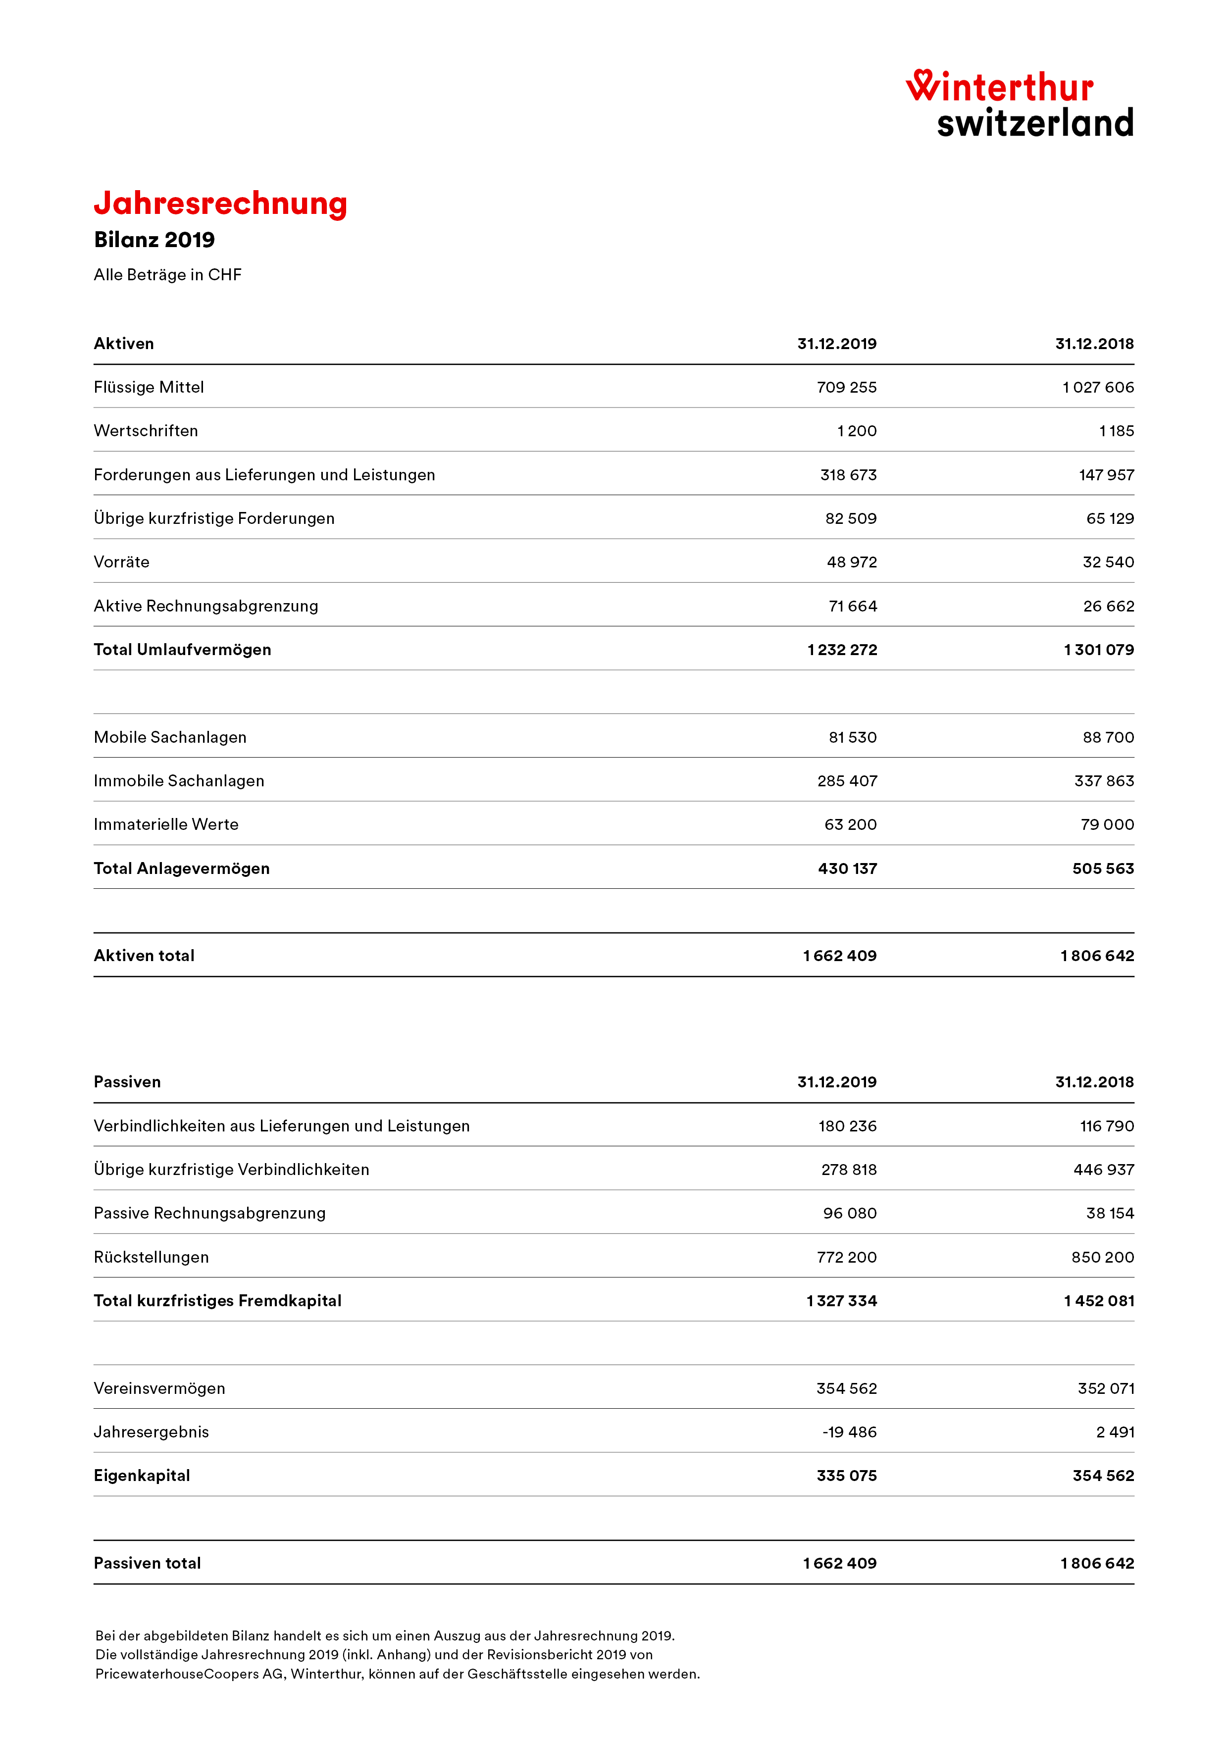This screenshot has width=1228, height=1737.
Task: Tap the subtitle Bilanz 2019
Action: (154, 240)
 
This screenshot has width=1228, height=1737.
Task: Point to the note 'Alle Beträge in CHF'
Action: (167, 275)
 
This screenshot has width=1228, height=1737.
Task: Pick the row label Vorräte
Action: (122, 562)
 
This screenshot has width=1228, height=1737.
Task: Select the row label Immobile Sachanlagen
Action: (179, 781)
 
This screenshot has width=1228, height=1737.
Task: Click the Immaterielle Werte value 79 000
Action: (1107, 824)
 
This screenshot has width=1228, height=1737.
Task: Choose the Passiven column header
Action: (127, 1082)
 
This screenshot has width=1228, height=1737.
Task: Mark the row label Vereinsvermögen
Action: (159, 1388)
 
